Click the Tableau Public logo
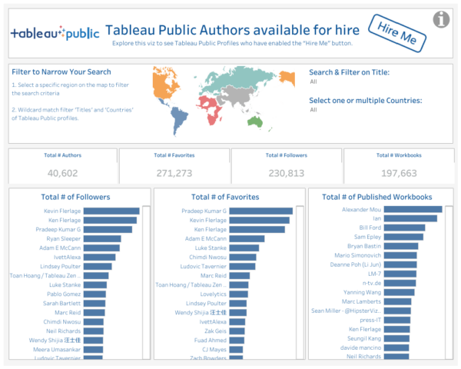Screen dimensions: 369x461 click(x=55, y=34)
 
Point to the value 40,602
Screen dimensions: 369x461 click(x=62, y=173)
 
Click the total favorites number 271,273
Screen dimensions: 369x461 click(x=174, y=173)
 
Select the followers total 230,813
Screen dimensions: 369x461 click(x=287, y=173)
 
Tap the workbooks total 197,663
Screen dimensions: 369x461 click(x=398, y=173)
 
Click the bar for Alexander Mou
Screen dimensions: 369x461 click(x=412, y=208)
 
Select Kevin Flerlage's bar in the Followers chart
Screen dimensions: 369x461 click(x=111, y=211)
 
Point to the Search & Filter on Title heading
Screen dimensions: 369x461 click(x=349, y=72)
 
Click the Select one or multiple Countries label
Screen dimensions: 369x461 click(x=365, y=101)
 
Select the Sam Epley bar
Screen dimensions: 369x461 click(x=403, y=237)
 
